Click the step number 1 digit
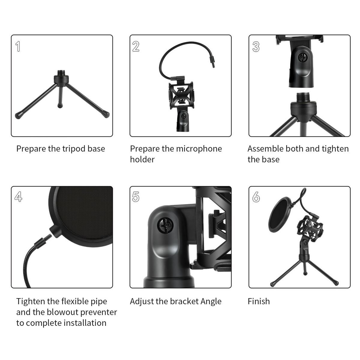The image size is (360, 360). [18, 46]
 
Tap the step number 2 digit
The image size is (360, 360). [136, 46]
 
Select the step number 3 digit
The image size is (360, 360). [256, 46]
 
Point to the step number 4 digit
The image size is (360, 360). [18, 196]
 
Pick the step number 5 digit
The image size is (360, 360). [136, 197]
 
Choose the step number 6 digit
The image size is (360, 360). [256, 197]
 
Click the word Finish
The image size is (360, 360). [259, 301]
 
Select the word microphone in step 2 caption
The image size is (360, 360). [199, 149]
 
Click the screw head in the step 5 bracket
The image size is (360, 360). [165, 226]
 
